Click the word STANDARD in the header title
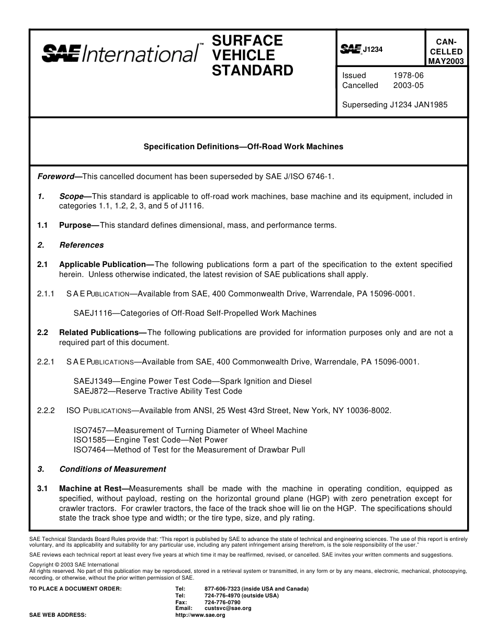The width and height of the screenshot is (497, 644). [x=253, y=70]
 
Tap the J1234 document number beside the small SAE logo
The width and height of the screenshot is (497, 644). [x=373, y=49]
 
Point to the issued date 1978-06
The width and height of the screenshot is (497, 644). [x=408, y=75]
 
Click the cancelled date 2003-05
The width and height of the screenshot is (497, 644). [x=408, y=85]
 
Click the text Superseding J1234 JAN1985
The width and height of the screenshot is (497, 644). [x=394, y=104]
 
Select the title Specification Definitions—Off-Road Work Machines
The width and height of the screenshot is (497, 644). [x=243, y=147]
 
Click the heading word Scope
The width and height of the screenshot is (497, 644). [x=72, y=196]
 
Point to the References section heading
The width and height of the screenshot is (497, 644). [x=82, y=245]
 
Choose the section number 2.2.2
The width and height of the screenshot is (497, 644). [x=46, y=410]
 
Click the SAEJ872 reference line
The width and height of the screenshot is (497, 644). [x=158, y=391]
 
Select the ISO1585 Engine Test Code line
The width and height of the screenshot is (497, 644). [x=151, y=440]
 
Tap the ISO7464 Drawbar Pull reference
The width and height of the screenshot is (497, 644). [x=189, y=449]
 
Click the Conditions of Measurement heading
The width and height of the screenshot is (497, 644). [x=112, y=469]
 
